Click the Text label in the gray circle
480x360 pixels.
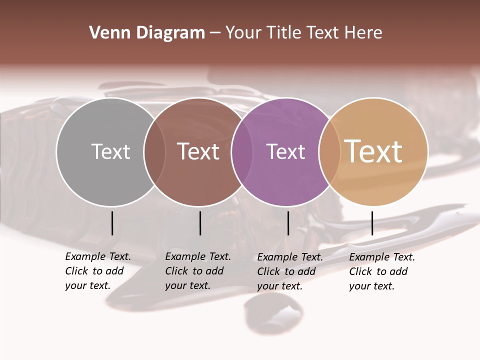coord(110,151)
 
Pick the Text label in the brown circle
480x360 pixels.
coord(198,151)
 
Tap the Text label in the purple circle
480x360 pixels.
coord(285,151)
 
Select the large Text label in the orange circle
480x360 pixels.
coord(373,151)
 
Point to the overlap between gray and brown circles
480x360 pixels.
coord(154,151)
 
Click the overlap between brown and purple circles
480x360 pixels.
coord(242,151)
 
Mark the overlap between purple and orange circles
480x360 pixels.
coord(329,151)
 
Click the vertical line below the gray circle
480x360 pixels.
coord(112,223)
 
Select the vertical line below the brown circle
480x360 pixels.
coord(200,223)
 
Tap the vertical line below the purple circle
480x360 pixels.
coord(288,223)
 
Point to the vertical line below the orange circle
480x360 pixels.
coord(372,223)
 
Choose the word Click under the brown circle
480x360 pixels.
coord(176,271)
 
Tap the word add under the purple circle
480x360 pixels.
coord(306,271)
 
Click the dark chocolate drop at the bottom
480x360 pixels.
coord(272,312)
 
